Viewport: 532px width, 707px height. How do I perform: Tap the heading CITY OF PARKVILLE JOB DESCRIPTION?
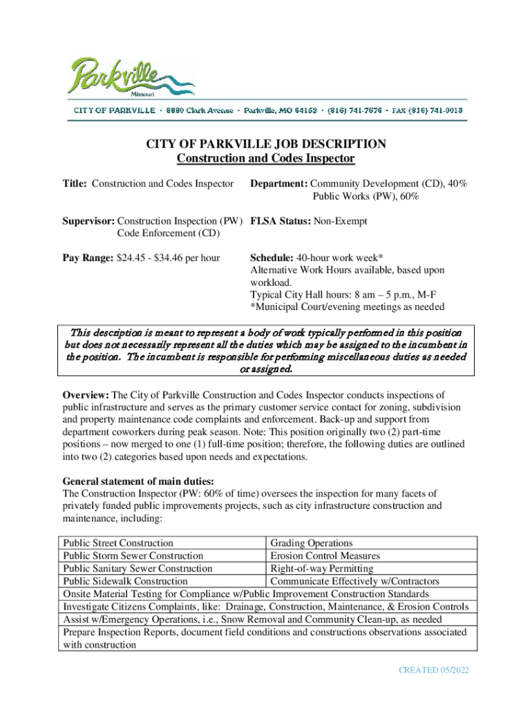pyautogui.click(x=265, y=144)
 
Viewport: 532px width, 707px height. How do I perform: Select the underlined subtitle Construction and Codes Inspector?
pyautogui.click(x=265, y=159)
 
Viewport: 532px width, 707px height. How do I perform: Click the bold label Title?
pyautogui.click(x=75, y=184)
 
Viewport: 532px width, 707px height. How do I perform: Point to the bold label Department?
pyautogui.click(x=278, y=184)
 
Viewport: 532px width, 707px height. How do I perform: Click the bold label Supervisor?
pyautogui.click(x=89, y=221)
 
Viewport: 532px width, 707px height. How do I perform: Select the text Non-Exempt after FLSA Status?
pyautogui.click(x=340, y=221)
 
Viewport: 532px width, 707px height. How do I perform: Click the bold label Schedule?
pyautogui.click(x=274, y=258)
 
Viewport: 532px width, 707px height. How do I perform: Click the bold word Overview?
pyautogui.click(x=86, y=395)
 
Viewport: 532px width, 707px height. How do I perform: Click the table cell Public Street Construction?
pyautogui.click(x=118, y=543)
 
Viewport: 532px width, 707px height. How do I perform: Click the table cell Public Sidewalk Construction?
pyautogui.click(x=125, y=581)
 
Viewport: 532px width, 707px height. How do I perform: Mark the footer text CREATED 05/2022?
pyautogui.click(x=434, y=670)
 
